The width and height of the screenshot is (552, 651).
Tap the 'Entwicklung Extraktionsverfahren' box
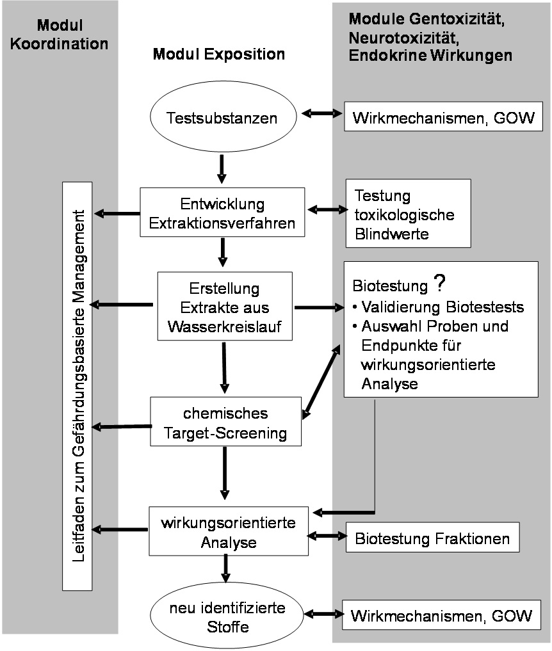click(x=222, y=211)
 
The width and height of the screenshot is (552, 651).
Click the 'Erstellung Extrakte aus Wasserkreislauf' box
click(x=223, y=305)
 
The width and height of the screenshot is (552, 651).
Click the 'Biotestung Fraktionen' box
click(x=432, y=538)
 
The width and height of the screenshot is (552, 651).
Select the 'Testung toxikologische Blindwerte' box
click(x=407, y=213)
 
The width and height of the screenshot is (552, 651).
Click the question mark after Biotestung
click(x=437, y=283)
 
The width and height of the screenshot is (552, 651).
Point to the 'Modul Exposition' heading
click(x=218, y=55)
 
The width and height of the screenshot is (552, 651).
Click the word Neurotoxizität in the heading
click(x=397, y=38)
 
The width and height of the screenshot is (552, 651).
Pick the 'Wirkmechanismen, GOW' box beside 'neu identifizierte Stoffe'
click(x=442, y=616)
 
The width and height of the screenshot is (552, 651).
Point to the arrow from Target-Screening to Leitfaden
click(x=121, y=426)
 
